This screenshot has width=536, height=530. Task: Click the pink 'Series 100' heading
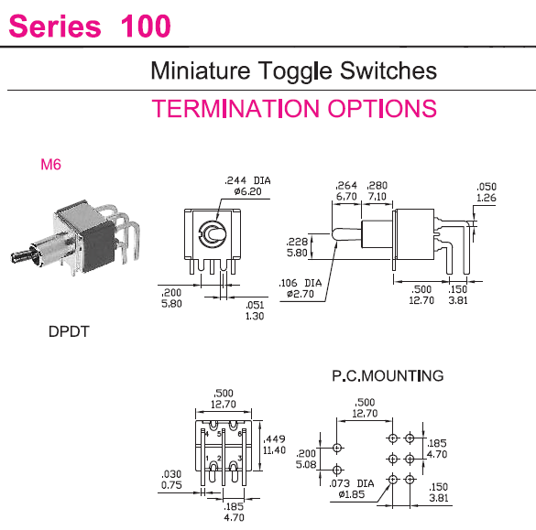[90, 26]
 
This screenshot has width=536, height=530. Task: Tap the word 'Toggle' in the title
[295, 71]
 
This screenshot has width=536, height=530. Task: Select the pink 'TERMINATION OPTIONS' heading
[294, 108]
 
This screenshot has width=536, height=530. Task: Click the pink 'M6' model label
[50, 164]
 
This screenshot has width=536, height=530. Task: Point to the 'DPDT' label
[69, 331]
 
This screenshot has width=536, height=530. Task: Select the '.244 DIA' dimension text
[247, 180]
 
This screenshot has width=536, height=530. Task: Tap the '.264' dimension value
[346, 186]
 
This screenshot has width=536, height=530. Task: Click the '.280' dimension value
[377, 186]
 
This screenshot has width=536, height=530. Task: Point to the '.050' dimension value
[487, 187]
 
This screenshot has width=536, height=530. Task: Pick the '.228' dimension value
[297, 242]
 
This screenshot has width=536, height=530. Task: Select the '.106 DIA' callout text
[301, 283]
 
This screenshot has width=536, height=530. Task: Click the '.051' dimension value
[255, 305]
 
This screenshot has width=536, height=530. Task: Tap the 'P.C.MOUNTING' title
[388, 375]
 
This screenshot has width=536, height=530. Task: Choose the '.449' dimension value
[274, 438]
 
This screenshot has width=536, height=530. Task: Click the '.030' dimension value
[171, 473]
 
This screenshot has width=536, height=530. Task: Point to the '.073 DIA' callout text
[352, 483]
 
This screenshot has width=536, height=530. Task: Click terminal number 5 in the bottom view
[219, 434]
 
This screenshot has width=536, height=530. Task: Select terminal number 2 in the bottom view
[219, 459]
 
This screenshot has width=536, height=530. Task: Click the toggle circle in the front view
[213, 234]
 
